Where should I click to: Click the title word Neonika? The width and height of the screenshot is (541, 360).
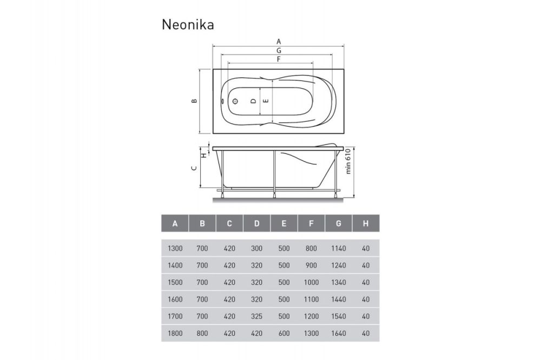click(188, 25)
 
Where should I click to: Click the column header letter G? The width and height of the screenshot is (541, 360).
click(338, 223)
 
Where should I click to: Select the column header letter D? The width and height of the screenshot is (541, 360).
click(256, 223)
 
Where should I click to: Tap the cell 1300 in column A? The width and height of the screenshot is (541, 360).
click(175, 249)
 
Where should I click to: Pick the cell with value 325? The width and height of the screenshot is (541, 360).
click(256, 316)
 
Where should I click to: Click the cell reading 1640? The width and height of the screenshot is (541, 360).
click(338, 333)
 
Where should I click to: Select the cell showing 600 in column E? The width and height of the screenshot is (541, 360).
click(284, 333)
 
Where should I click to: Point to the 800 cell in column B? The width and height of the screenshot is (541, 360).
click(202, 333)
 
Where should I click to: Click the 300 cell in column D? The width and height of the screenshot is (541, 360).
click(256, 249)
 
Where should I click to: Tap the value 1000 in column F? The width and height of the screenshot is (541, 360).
click(311, 283)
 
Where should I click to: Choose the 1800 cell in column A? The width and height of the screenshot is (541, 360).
click(175, 333)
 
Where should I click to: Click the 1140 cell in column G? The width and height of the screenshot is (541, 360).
click(338, 249)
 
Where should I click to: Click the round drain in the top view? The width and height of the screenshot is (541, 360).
click(236, 101)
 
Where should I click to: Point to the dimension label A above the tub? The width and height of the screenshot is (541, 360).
click(279, 41)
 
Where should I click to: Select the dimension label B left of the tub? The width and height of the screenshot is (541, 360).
click(194, 101)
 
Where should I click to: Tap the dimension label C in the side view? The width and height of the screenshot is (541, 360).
click(194, 168)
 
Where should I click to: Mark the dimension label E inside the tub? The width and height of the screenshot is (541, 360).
click(265, 101)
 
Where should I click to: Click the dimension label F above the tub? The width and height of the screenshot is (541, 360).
click(279, 59)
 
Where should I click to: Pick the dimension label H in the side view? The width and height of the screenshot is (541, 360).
click(203, 156)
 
